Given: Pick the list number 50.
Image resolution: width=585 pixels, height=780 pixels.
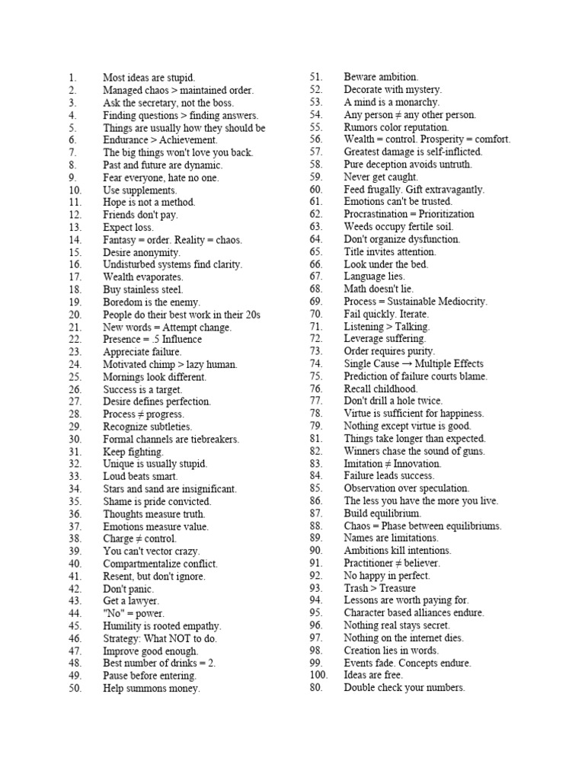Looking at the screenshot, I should (75, 689).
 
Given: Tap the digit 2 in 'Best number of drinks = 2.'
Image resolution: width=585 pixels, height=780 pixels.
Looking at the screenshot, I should (210, 663).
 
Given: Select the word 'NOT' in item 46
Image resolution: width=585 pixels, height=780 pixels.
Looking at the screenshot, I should (181, 638).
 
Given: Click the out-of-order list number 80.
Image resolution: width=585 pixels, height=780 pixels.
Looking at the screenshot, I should (317, 688).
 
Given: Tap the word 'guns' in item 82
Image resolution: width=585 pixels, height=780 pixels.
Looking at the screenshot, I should (474, 451).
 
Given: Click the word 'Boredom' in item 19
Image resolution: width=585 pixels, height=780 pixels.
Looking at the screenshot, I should (120, 302).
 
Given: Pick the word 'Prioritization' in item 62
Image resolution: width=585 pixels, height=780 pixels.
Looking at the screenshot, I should (441, 214).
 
